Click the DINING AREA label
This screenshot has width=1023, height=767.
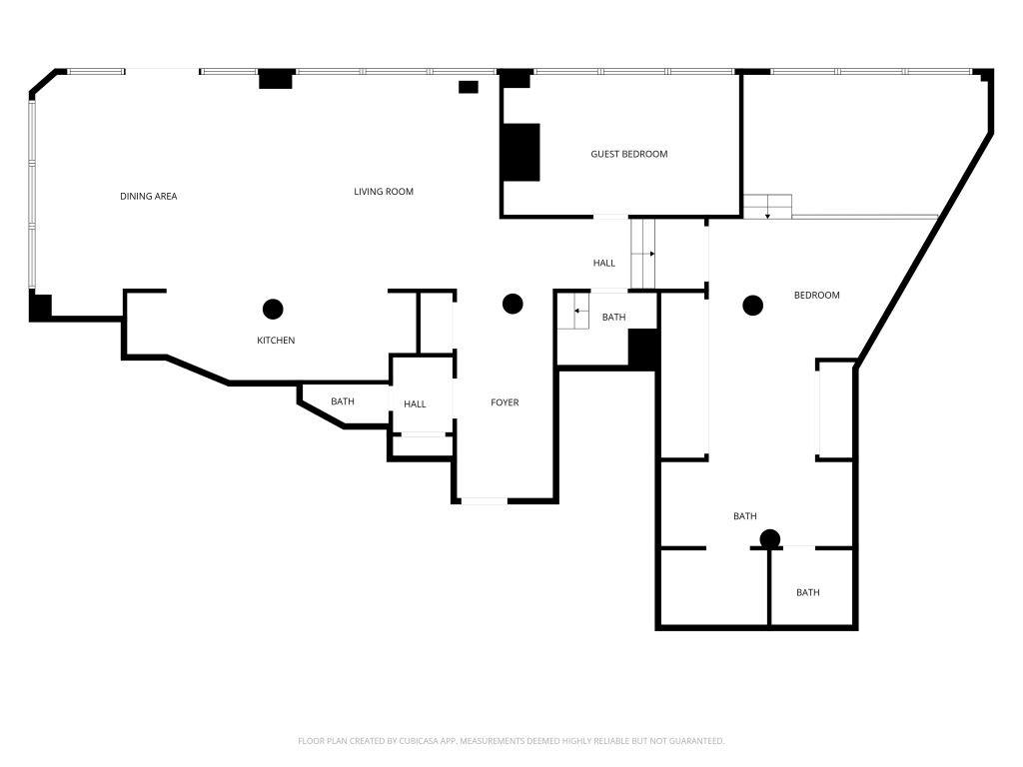[149, 197]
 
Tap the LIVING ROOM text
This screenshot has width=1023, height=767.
[384, 192]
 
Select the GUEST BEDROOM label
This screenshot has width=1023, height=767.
[628, 154]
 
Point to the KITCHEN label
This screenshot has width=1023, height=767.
[276, 341]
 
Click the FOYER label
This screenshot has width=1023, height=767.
[505, 402]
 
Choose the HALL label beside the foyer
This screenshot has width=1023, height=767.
[415, 404]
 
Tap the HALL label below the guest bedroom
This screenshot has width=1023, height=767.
[604, 264]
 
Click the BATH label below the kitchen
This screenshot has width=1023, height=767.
[343, 401]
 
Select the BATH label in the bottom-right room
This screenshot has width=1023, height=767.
[808, 592]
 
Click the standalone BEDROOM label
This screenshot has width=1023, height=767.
[816, 295]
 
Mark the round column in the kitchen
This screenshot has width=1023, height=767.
[273, 309]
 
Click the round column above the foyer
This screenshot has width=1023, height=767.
[512, 303]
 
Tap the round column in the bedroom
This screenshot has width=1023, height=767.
[752, 305]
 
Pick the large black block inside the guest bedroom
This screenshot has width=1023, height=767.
[520, 152]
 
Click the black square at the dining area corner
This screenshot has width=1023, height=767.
[40, 307]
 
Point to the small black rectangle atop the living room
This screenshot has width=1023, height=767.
[468, 87]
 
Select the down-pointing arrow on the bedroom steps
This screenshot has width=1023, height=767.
[767, 212]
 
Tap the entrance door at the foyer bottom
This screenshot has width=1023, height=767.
[484, 500]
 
